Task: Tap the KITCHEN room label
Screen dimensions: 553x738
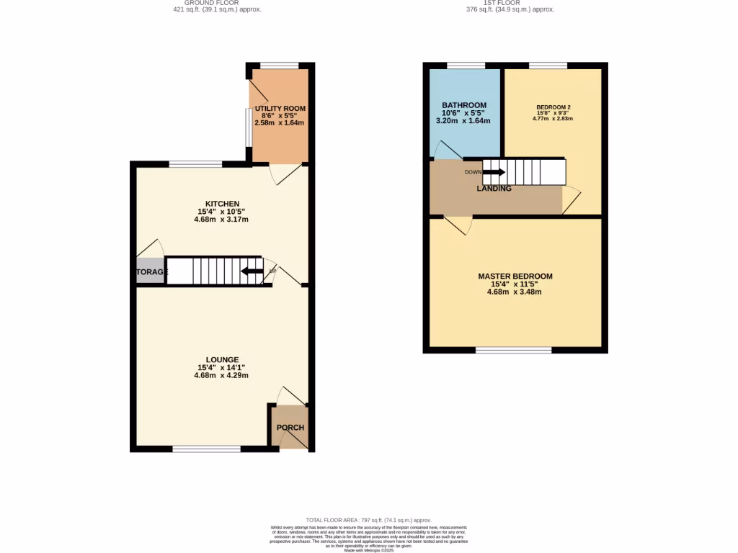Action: pos(221,204)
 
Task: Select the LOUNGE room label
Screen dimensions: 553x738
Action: pos(221,359)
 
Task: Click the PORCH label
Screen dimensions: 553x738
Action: pos(290,428)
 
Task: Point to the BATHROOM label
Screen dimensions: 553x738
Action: pos(463,106)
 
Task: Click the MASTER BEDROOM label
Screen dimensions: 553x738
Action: pos(515,276)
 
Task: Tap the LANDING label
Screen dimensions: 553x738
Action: pos(494,189)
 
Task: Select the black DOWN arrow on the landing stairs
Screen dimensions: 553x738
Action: pos(494,172)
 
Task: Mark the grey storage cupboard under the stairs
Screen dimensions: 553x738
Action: pos(150,271)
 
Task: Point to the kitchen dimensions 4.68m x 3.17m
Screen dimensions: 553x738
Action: pos(221,220)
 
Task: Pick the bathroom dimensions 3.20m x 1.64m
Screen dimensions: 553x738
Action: pos(463,121)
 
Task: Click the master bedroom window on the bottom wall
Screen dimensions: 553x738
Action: pos(513,351)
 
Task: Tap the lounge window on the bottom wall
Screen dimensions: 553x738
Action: pos(206,449)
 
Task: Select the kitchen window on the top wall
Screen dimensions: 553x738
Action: pos(195,164)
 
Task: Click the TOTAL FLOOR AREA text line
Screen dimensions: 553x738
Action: pos(368,520)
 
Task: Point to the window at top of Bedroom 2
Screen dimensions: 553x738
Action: pos(548,66)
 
